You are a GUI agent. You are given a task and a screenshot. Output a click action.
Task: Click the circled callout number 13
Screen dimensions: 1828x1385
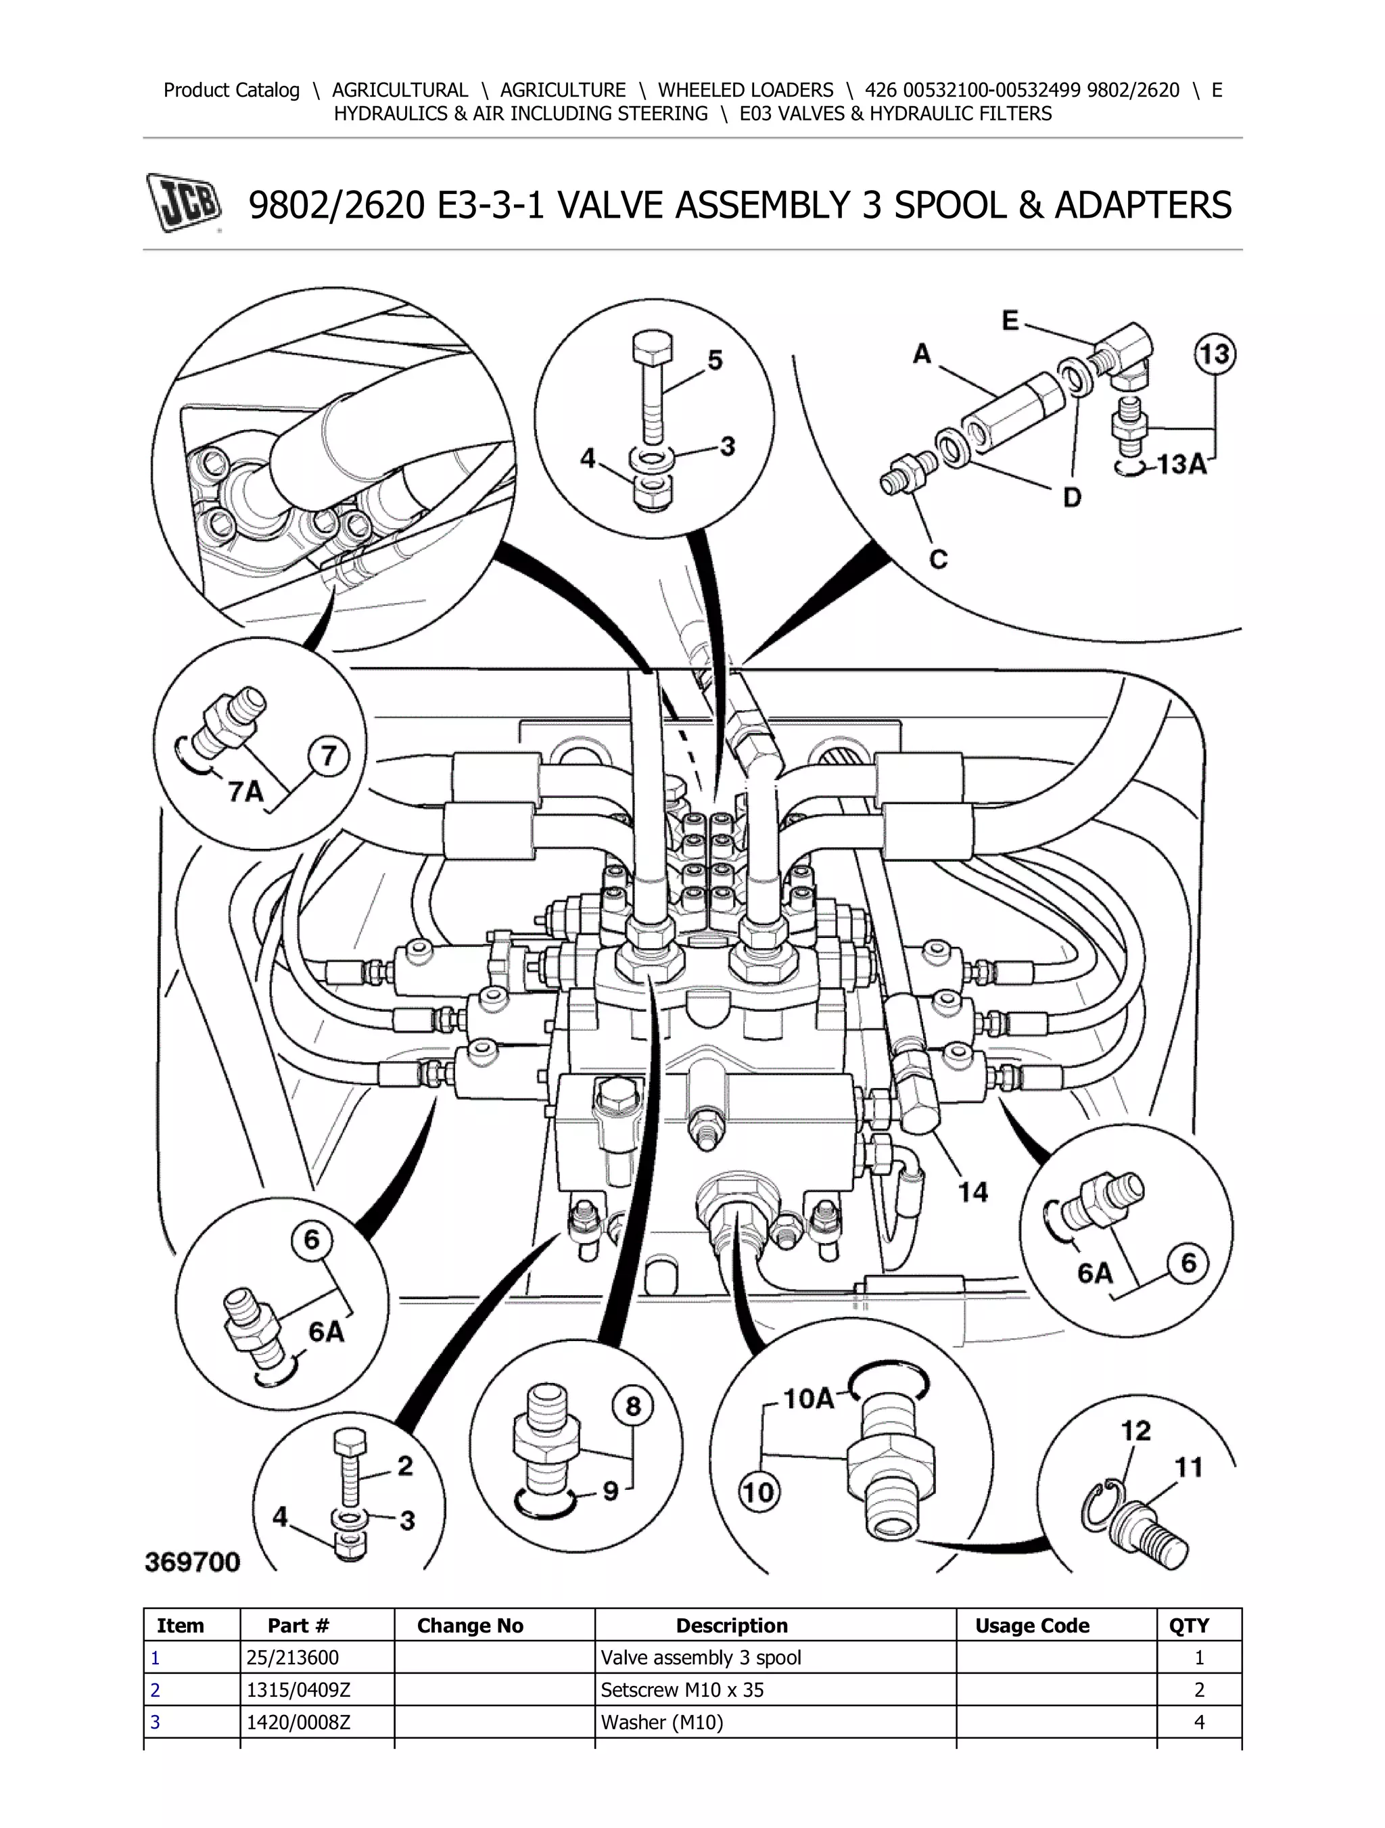tap(1214, 355)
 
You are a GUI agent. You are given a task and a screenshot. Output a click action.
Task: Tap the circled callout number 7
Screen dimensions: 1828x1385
tap(328, 756)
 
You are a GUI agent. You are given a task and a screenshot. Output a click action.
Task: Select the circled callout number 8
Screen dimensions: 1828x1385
tap(633, 1407)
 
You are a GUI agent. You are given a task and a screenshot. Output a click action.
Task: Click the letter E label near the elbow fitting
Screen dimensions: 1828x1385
tap(1010, 321)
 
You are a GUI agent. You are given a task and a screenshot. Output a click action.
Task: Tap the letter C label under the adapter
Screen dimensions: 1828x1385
tap(938, 559)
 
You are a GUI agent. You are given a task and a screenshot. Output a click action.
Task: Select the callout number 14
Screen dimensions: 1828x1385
tap(972, 1192)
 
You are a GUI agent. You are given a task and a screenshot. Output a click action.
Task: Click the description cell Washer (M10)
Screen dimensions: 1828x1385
tap(662, 1722)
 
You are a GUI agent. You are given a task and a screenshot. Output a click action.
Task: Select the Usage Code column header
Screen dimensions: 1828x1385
tap(1032, 1626)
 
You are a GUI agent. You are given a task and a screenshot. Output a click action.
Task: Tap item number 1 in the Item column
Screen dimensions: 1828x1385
tap(156, 1658)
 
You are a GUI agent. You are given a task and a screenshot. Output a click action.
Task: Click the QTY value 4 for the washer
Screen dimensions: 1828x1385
tap(1199, 1722)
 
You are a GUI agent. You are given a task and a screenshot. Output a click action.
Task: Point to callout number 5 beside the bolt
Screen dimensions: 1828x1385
tap(715, 360)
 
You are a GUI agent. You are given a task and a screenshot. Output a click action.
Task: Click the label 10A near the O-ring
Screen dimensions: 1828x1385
tap(807, 1399)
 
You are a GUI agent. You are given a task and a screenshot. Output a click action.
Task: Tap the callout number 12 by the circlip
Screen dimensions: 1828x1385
tap(1135, 1430)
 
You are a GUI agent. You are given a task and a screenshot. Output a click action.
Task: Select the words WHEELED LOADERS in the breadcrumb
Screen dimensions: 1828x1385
tap(745, 90)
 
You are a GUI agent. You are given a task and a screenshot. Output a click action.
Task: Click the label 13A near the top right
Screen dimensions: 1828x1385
tap(1181, 465)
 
